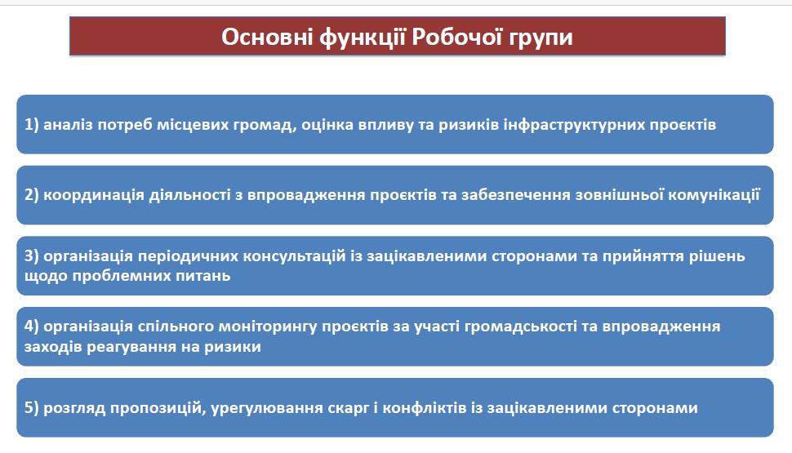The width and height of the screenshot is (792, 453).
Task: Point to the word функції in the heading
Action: [363, 38]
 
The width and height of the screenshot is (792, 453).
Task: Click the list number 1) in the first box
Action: [31, 125]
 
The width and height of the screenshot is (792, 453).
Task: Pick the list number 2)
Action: [31, 195]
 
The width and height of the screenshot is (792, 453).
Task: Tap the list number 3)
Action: [31, 255]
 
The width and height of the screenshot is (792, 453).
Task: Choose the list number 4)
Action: [31, 326]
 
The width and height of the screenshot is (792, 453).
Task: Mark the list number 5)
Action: [31, 407]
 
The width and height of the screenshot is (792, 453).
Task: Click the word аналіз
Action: [69, 125]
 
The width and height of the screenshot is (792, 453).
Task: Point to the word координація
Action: [94, 196]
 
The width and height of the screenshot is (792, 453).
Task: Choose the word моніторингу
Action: [267, 327]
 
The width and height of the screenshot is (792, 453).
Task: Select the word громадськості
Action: [520, 327]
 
